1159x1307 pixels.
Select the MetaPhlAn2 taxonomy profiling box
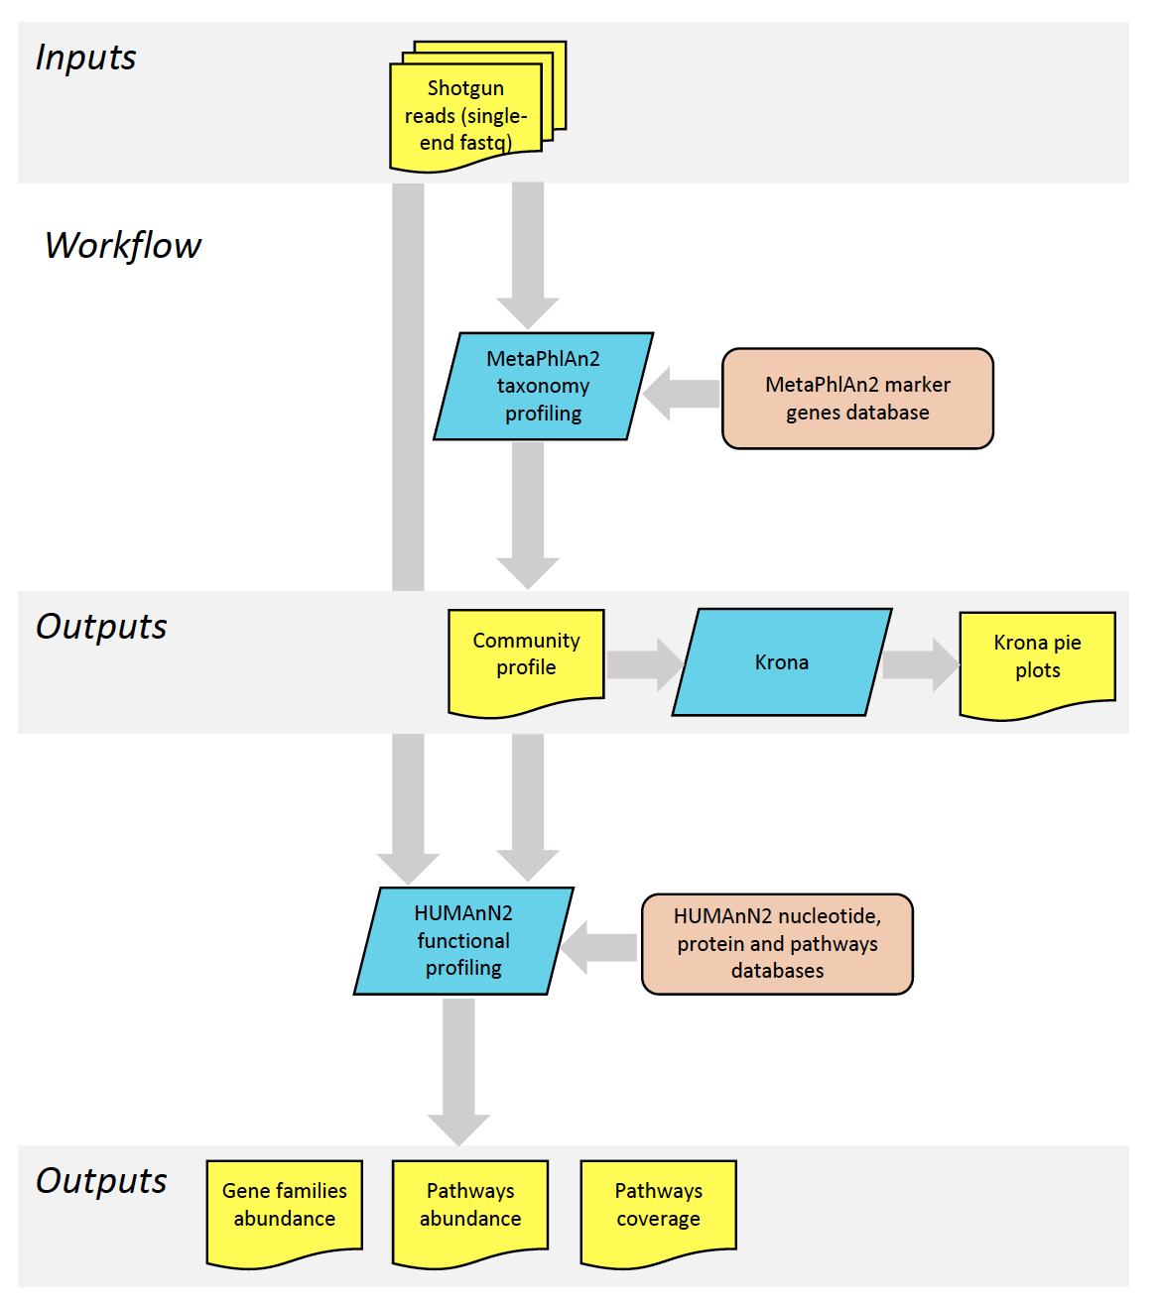pyautogui.click(x=544, y=386)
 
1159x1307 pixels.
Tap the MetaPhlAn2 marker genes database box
pyautogui.click(x=857, y=398)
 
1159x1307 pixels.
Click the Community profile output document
pyautogui.click(x=526, y=661)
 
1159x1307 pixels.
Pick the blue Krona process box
pyautogui.click(x=782, y=661)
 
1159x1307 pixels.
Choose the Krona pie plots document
pyautogui.click(x=1037, y=664)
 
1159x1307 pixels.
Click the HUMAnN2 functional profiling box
pyautogui.click(x=463, y=940)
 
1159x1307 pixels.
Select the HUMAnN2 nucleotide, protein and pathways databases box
pyautogui.click(x=777, y=944)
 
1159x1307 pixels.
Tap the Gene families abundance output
pyautogui.click(x=284, y=1213)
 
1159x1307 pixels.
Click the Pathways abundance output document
pyautogui.click(x=470, y=1213)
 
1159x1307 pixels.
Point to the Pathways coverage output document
pyautogui.click(x=659, y=1213)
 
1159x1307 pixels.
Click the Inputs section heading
pyautogui.click(x=86, y=59)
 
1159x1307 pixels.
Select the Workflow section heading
pyautogui.click(x=123, y=245)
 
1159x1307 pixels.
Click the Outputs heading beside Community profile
pyautogui.click(x=101, y=627)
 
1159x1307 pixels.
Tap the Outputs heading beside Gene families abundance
pyautogui.click(x=101, y=1182)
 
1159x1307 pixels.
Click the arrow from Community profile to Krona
pyautogui.click(x=644, y=664)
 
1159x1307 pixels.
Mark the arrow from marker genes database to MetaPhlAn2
pyautogui.click(x=681, y=394)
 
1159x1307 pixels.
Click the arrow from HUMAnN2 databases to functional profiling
pyautogui.click(x=598, y=947)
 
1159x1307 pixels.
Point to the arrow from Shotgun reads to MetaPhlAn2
pyautogui.click(x=528, y=256)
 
